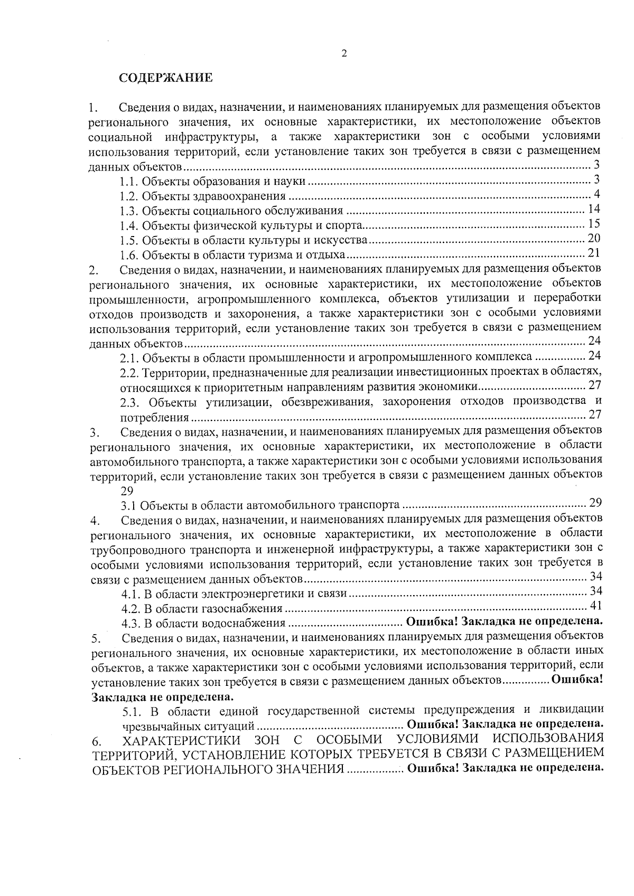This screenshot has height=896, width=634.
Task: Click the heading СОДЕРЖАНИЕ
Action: (x=165, y=78)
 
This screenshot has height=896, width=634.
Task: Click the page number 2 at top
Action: (x=344, y=53)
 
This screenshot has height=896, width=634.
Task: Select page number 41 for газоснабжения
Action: (x=595, y=606)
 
